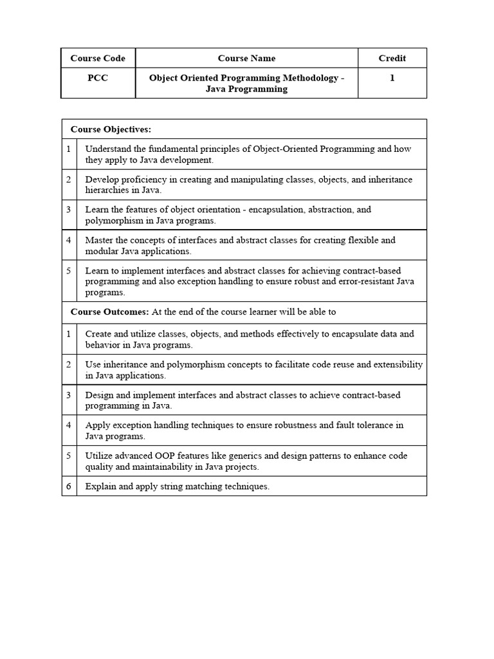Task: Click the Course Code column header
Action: coord(98,58)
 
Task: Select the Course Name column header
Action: coord(246,58)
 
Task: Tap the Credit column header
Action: coord(392,58)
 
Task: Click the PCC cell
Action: coord(98,78)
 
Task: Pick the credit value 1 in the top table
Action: coord(392,78)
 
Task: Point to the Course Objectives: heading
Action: coord(111,129)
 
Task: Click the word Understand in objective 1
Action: coord(108,149)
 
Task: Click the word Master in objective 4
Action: coord(99,240)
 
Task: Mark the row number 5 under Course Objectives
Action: coord(68,271)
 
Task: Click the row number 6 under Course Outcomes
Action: coord(68,487)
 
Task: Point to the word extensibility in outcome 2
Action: coord(397,364)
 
